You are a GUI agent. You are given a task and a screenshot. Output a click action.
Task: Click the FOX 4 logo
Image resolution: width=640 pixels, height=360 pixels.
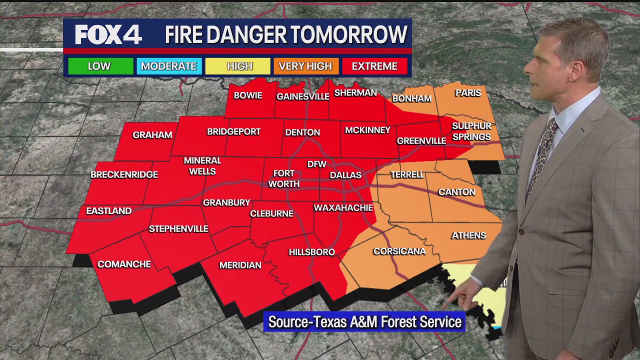[x=108, y=34]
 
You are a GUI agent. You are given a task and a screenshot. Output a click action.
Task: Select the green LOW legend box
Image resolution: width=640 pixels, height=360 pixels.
[x=100, y=66]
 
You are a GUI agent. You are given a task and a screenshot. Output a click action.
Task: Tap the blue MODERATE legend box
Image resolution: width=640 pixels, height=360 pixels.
[x=169, y=66]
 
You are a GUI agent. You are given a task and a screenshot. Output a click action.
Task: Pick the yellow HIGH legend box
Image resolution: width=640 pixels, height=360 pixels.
[x=239, y=66]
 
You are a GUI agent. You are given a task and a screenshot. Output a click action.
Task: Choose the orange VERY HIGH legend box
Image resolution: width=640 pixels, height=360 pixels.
[x=305, y=66]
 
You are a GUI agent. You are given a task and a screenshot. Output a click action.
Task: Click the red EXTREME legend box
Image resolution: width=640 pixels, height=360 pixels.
[x=374, y=66]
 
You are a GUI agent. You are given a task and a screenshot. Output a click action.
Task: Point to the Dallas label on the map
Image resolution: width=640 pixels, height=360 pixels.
[x=345, y=175]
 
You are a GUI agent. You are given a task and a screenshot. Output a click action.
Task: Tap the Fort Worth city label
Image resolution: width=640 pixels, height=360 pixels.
[x=283, y=178]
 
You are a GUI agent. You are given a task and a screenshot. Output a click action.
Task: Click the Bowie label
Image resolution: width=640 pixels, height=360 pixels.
[x=248, y=95]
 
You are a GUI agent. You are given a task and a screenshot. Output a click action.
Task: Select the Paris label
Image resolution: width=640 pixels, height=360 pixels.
[x=468, y=93]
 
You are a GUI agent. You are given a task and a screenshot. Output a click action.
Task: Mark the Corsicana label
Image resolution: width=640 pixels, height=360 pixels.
[x=399, y=251]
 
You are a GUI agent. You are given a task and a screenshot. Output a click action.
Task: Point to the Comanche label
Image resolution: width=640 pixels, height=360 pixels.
[x=124, y=264]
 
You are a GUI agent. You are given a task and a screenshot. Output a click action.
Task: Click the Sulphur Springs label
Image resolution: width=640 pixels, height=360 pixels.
[x=471, y=131]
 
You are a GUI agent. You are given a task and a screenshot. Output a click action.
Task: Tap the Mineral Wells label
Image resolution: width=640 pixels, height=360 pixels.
[x=202, y=165]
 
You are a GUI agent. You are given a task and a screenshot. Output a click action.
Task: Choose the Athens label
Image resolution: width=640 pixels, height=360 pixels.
[x=468, y=235]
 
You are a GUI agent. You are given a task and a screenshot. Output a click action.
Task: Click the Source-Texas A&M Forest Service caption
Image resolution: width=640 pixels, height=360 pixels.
[x=364, y=322]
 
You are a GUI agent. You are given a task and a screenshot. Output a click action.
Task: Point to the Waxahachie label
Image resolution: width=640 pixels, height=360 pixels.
[x=343, y=207]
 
